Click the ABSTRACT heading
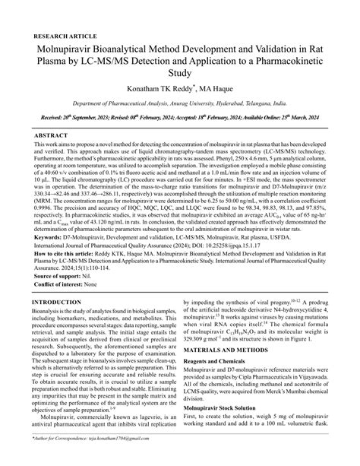(51, 135)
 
